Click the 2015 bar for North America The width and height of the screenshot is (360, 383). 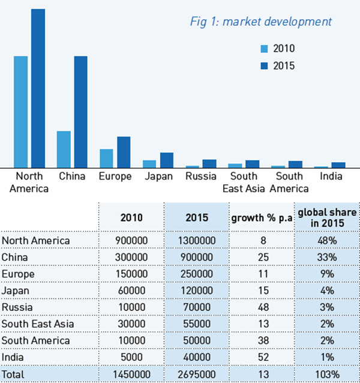point(38,88)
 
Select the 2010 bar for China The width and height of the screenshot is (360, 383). point(64,149)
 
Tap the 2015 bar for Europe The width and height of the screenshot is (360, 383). point(124,152)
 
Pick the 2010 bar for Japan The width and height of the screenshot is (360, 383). point(149,163)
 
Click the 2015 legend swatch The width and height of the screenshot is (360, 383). point(264,66)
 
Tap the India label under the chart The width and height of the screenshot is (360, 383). point(331,176)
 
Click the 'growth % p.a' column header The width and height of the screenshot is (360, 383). point(262,218)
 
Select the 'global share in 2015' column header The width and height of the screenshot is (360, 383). point(327,218)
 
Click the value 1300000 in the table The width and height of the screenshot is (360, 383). point(196,241)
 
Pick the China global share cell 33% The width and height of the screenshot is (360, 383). point(327,257)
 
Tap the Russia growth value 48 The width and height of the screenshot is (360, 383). point(262,307)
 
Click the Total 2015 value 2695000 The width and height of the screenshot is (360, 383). point(196,374)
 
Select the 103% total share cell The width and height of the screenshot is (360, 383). point(327,374)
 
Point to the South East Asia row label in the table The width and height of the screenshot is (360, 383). point(38,324)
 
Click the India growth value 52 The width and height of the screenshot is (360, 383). point(262,357)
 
